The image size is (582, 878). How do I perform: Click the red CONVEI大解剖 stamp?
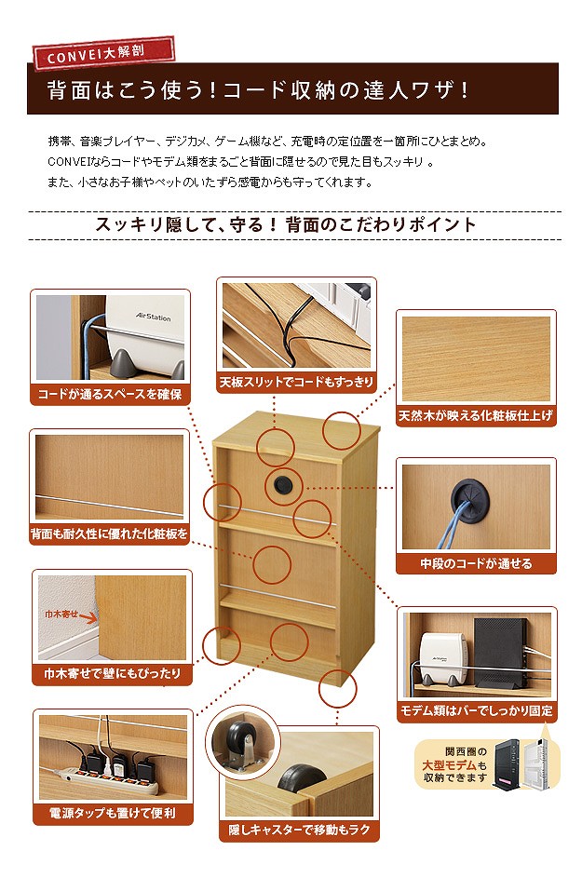point(103,54)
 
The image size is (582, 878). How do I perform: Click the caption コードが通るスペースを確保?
point(110,394)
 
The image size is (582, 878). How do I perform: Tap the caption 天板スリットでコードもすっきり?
point(296,382)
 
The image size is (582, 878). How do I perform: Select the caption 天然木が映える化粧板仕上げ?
point(476,415)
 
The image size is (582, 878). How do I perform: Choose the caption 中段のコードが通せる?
point(476,563)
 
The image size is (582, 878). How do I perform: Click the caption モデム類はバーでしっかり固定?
point(477,710)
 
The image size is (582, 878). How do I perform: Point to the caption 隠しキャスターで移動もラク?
point(299,830)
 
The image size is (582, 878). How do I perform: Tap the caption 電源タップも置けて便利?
point(113,813)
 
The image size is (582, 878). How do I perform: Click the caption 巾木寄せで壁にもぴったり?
point(112,673)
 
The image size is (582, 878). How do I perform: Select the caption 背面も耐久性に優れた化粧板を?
point(109,534)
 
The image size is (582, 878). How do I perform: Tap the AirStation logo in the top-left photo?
point(153,317)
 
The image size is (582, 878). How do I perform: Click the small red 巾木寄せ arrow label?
point(70,616)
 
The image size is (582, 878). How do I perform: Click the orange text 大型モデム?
point(449,765)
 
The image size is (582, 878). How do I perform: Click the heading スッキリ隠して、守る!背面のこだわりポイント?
point(286,224)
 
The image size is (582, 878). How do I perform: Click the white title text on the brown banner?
point(258,90)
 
